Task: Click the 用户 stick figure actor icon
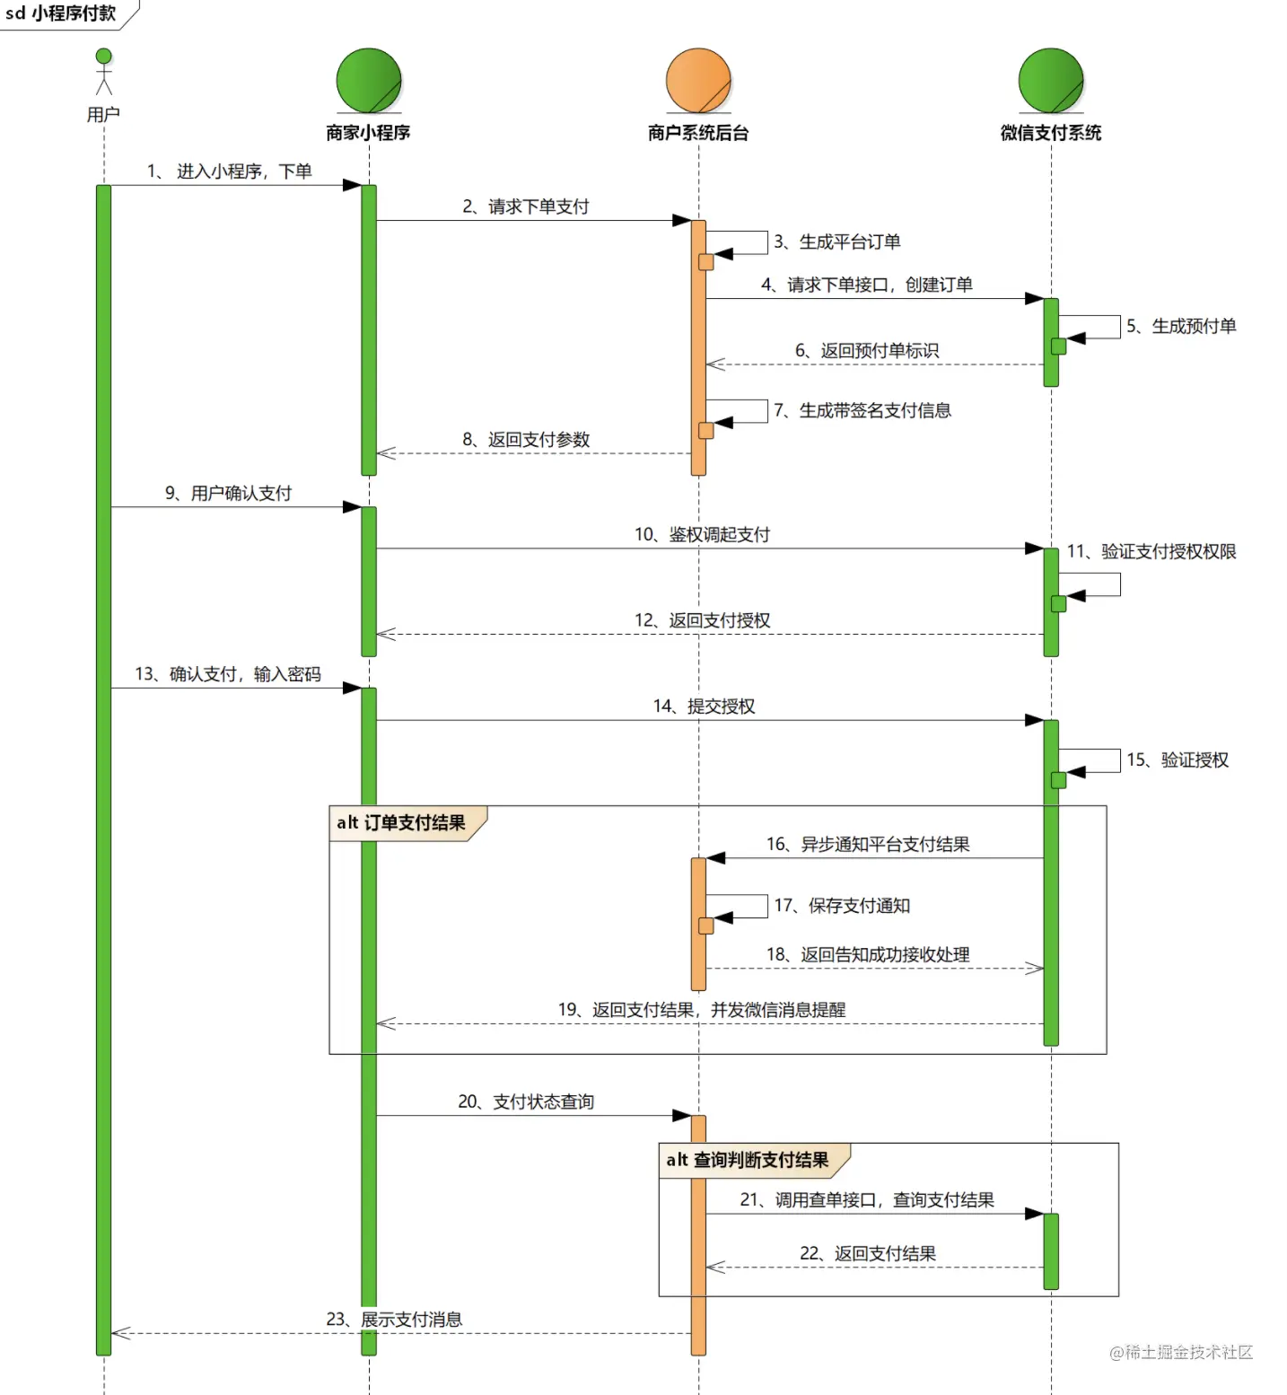(x=104, y=71)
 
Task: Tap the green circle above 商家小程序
(x=369, y=81)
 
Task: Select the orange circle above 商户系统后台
(x=699, y=81)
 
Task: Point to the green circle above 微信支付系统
(x=1051, y=81)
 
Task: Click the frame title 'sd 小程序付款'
(x=61, y=13)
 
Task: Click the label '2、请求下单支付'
(x=526, y=206)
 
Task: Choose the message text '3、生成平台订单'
(x=837, y=241)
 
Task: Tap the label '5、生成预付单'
(x=1181, y=326)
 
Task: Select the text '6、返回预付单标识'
(x=867, y=350)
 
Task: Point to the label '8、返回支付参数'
(x=526, y=440)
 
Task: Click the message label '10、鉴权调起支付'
(x=703, y=535)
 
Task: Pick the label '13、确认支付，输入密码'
(x=228, y=674)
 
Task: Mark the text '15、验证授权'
(x=1178, y=760)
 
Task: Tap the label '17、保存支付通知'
(x=842, y=906)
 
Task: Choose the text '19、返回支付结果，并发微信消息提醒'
(x=702, y=1010)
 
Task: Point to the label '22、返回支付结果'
(x=868, y=1253)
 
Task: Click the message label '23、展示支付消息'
(x=394, y=1320)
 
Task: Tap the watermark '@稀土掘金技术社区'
(x=1181, y=1352)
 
